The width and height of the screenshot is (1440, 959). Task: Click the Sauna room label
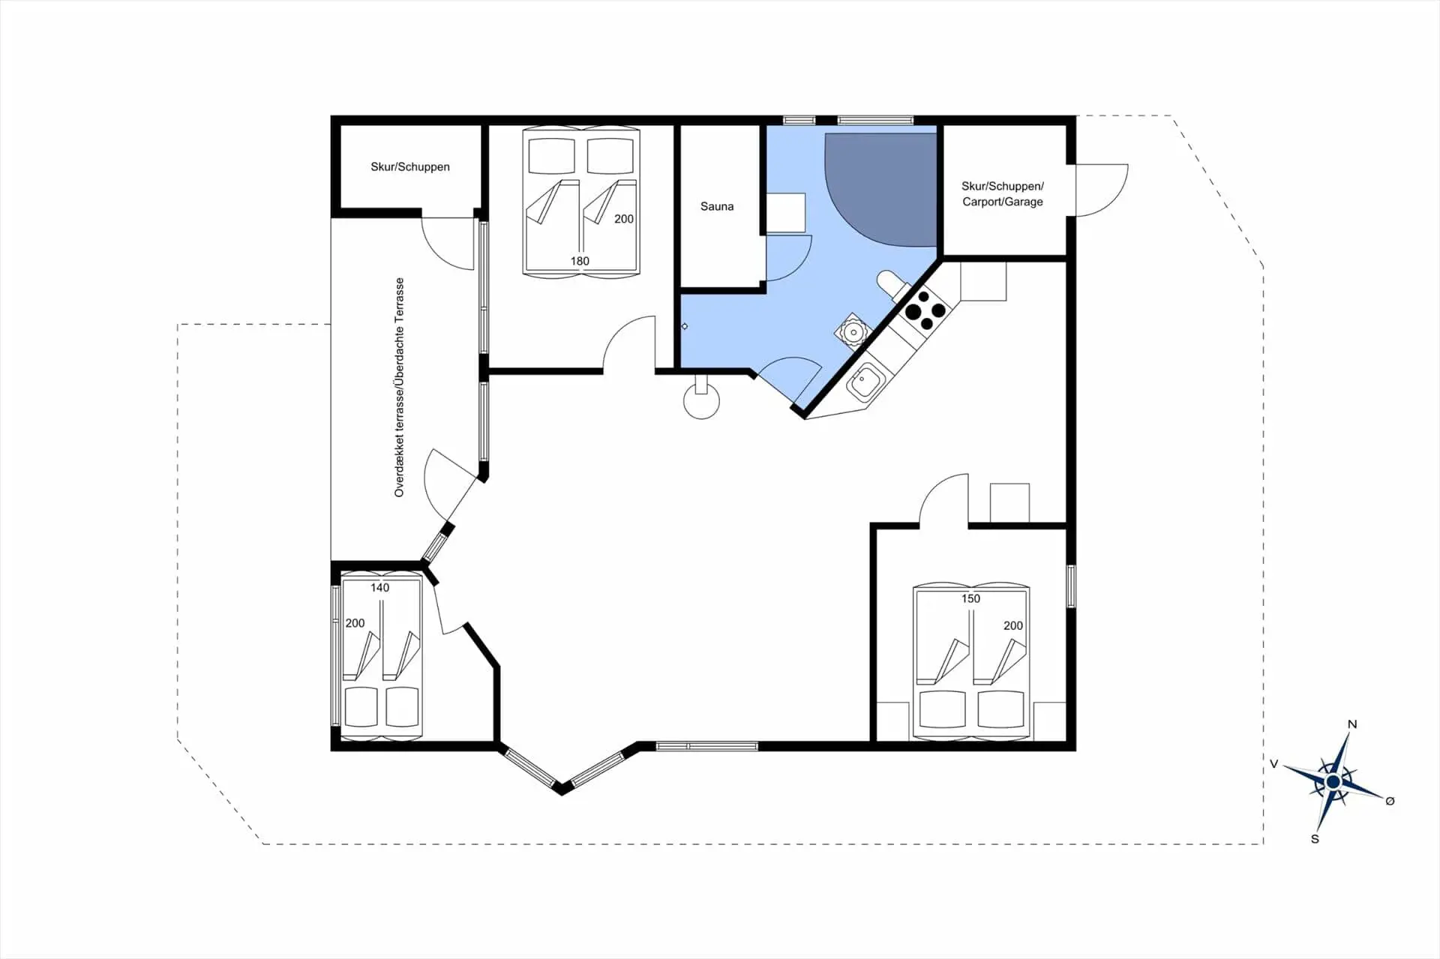[717, 206]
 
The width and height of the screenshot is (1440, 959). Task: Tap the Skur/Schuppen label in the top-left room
[410, 166]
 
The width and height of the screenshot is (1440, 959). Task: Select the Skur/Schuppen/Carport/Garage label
[1003, 193]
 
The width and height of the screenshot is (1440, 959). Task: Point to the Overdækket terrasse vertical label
[399, 387]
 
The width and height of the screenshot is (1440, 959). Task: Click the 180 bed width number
[580, 261]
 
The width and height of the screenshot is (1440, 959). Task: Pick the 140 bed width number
[380, 588]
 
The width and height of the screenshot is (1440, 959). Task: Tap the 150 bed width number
[970, 598]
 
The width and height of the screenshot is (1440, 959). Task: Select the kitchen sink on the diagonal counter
[865, 382]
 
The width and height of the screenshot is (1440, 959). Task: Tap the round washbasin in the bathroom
[853, 332]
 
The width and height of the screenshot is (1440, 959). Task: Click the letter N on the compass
[1352, 724]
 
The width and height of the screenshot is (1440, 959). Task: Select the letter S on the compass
[1315, 839]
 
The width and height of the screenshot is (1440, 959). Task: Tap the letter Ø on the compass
[1390, 801]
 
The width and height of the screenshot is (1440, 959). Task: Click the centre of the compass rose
[1333, 782]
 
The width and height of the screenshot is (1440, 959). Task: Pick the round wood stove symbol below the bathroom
[701, 401]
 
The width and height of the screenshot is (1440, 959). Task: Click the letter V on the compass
[1273, 764]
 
